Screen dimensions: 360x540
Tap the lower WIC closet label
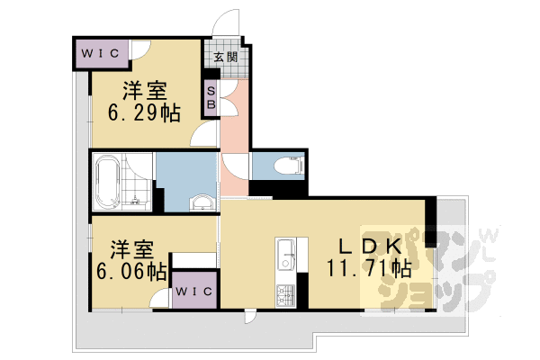[193, 292]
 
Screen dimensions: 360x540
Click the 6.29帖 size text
[144, 113]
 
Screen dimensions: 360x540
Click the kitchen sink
[287, 251]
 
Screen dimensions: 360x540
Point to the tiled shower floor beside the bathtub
[139, 189]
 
